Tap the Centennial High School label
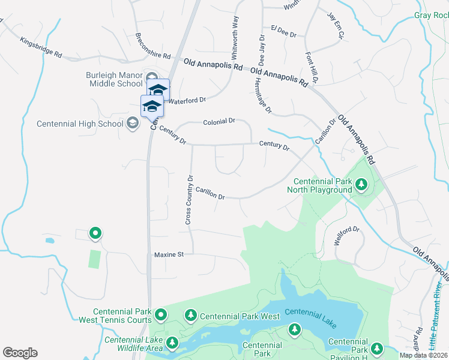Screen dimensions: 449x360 (x=80, y=124)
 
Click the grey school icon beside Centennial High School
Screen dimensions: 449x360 (x=132, y=124)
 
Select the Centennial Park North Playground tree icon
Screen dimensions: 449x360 (x=361, y=185)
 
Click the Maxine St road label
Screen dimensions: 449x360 (x=169, y=254)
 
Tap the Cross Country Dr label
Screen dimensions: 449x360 (x=188, y=200)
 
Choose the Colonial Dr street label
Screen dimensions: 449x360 (x=219, y=121)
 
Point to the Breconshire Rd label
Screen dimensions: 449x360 (x=153, y=46)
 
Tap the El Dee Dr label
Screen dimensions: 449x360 (x=284, y=31)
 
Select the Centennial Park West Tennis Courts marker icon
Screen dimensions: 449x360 (x=161, y=314)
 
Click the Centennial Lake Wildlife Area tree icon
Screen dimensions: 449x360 (x=172, y=343)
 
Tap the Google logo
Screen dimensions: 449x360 (x=20, y=352)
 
